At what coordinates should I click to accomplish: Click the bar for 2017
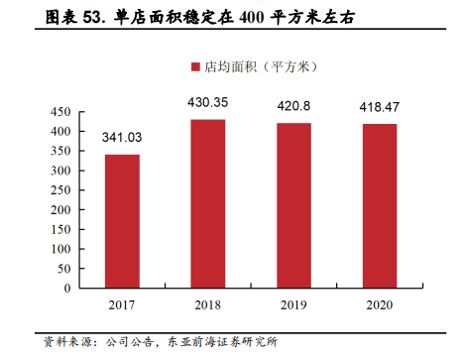coord(122,220)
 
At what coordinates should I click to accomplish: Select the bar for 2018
coord(207,203)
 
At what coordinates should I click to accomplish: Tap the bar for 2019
coord(293,205)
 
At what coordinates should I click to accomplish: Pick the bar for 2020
coord(380,205)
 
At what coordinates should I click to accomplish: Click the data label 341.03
coord(122,137)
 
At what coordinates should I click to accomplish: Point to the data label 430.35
coord(207,102)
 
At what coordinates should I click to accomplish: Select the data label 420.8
coord(293,106)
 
